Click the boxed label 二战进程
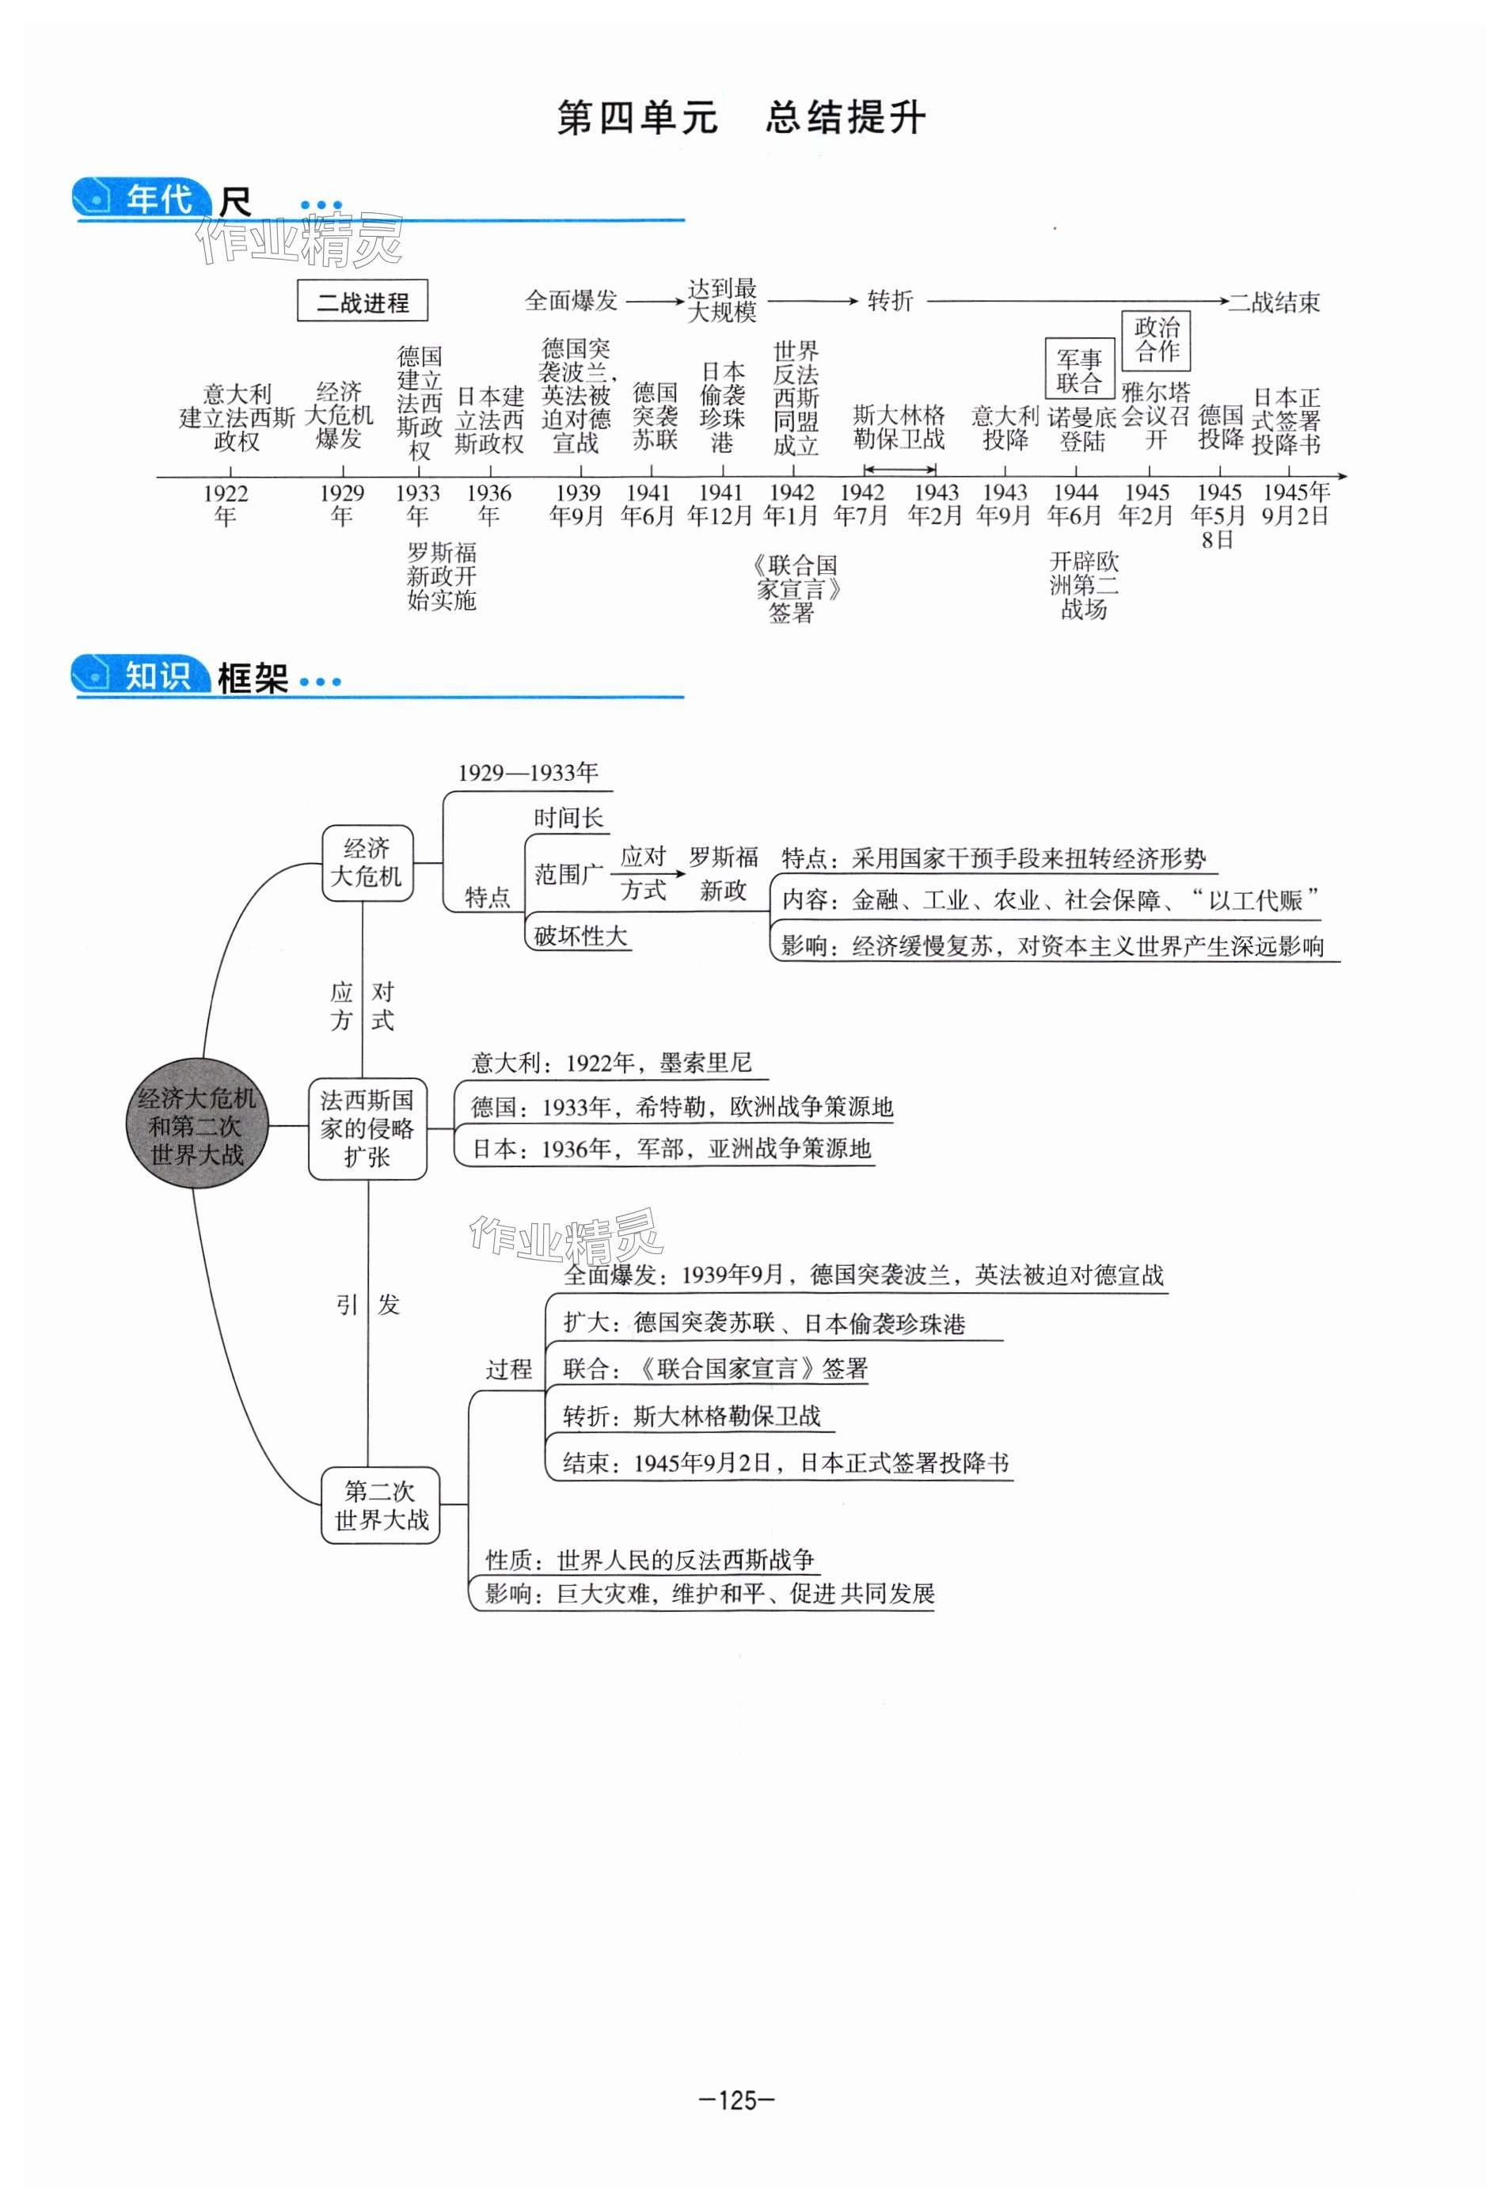362,302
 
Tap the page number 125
736,2100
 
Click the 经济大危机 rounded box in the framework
367,862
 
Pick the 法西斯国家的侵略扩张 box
367,1128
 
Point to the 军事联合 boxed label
1078,371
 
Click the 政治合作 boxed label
1157,340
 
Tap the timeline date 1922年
225,504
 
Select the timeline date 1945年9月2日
1295,504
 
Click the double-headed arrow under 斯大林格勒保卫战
899,469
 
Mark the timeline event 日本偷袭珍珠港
721,407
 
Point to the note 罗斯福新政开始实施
441,576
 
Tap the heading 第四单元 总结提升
740,118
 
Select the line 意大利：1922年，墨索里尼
611,1063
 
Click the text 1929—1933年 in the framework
528,773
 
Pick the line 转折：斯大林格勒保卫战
691,1416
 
